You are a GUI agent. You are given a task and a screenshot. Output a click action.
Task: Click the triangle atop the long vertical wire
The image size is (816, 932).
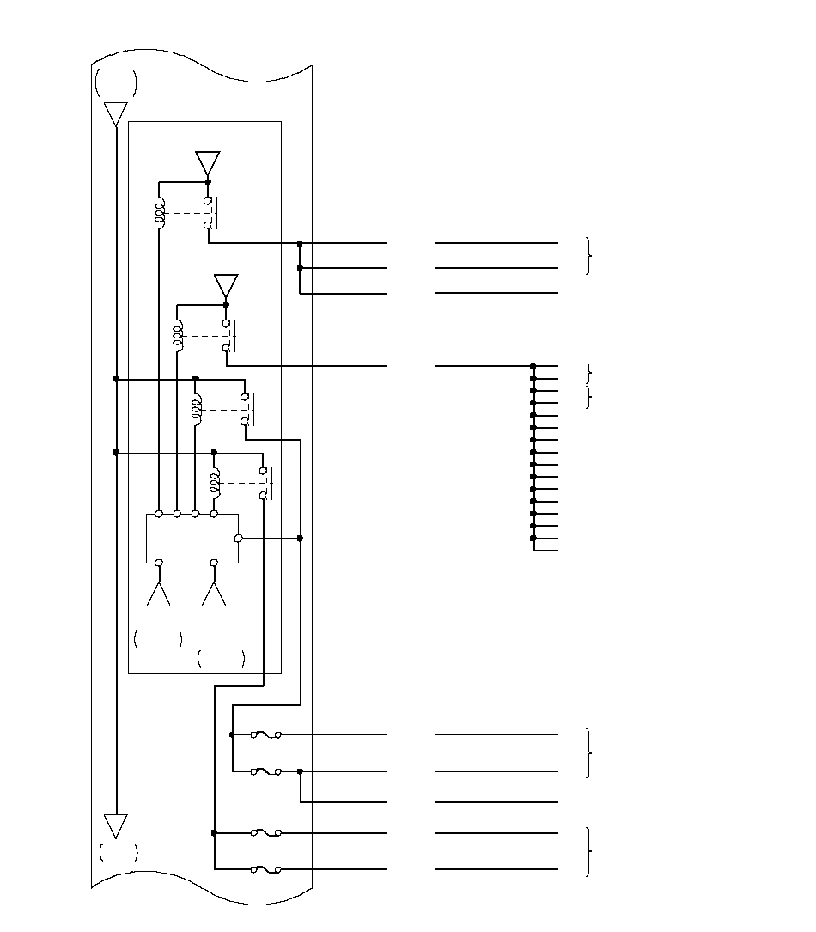tap(115, 113)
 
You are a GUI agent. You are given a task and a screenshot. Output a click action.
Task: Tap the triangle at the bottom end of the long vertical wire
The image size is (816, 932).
tap(115, 825)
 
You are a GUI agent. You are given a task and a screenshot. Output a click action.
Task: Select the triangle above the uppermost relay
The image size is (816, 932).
tap(208, 163)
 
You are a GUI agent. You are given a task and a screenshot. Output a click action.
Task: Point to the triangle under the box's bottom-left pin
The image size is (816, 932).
tap(159, 594)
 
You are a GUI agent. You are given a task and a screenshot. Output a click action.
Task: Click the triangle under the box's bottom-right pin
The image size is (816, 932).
tap(214, 594)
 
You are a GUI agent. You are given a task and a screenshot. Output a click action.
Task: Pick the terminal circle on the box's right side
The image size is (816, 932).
tap(239, 539)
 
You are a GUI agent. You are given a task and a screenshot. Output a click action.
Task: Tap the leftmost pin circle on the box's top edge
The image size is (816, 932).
tap(159, 514)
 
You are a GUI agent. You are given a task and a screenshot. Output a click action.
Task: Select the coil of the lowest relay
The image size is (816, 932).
tap(214, 483)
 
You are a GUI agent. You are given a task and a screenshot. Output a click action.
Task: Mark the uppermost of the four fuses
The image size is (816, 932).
tap(266, 735)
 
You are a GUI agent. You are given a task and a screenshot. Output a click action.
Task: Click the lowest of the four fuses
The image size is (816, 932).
tap(266, 870)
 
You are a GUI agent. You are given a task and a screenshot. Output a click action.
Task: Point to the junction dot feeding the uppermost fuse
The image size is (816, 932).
tap(233, 735)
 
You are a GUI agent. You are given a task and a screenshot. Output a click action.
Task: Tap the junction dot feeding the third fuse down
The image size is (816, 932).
tap(214, 833)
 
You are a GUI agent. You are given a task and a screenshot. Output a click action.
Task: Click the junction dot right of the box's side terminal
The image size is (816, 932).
tap(300, 539)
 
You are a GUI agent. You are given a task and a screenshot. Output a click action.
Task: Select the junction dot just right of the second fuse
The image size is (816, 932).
tap(300, 771)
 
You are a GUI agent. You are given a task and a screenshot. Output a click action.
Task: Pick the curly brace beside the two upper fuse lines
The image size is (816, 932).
tap(588, 753)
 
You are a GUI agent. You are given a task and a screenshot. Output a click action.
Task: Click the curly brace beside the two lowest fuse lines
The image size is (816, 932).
tap(588, 851)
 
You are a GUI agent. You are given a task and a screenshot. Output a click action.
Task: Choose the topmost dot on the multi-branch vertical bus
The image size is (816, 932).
tap(533, 366)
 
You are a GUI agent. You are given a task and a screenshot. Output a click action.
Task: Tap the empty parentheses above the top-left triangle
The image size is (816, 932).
tap(115, 83)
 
